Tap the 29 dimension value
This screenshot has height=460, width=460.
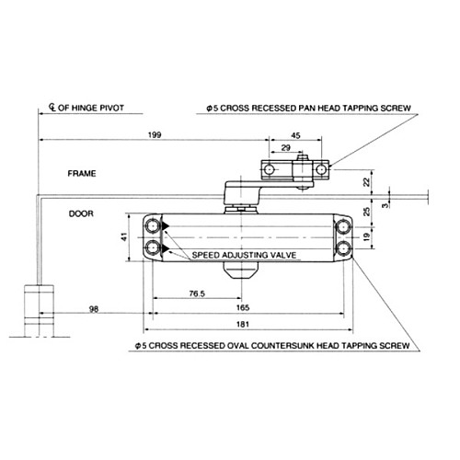coord(286,147)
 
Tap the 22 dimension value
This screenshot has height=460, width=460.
coord(367,182)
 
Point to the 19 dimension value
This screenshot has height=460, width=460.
coord(367,237)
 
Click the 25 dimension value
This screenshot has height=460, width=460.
coord(367,213)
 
